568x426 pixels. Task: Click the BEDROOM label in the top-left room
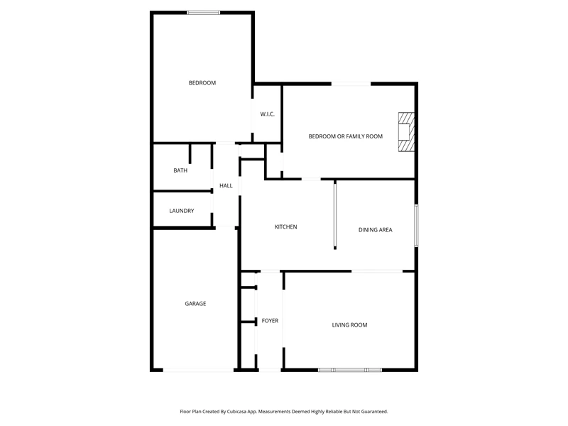tap(202, 83)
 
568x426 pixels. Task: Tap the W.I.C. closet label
tap(268, 114)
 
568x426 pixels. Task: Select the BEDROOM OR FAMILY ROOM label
tap(346, 136)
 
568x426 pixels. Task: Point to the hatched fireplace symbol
tap(406, 132)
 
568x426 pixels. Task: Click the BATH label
tap(180, 170)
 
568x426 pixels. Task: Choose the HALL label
tap(226, 186)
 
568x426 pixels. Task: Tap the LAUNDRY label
tap(182, 211)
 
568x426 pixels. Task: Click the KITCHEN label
tap(286, 226)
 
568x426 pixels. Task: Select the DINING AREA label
tap(376, 229)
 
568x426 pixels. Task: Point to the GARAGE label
tap(196, 304)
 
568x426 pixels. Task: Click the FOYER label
tap(271, 321)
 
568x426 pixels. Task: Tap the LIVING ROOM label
tap(349, 325)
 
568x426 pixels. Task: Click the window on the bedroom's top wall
tap(204, 13)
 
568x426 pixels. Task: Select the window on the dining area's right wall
tap(417, 226)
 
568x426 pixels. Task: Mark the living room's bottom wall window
tap(350, 370)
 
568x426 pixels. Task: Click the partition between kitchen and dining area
tap(335, 214)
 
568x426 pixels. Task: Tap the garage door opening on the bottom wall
tap(199, 370)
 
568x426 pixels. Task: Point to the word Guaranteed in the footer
tap(374, 412)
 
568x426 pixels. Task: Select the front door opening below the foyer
tap(270, 370)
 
